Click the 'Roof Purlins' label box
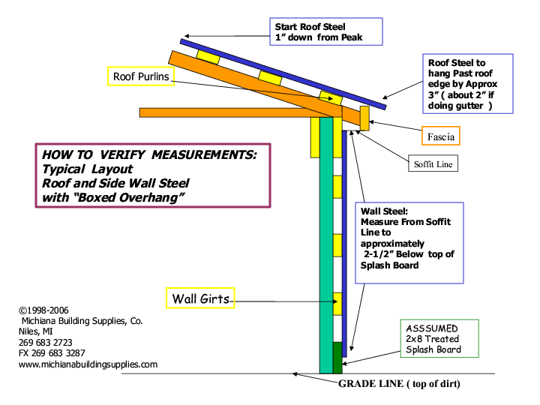pyautogui.click(x=142, y=76)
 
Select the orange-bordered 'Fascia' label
pyautogui.click(x=438, y=136)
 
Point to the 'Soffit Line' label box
pyautogui.click(x=433, y=163)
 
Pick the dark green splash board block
pyautogui.click(x=337, y=357)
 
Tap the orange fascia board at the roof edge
pyautogui.click(x=364, y=118)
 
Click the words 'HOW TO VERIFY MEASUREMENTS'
pyautogui.click(x=150, y=154)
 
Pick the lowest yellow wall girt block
pyautogui.click(x=337, y=303)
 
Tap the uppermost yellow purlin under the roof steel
pyautogui.click(x=208, y=57)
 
